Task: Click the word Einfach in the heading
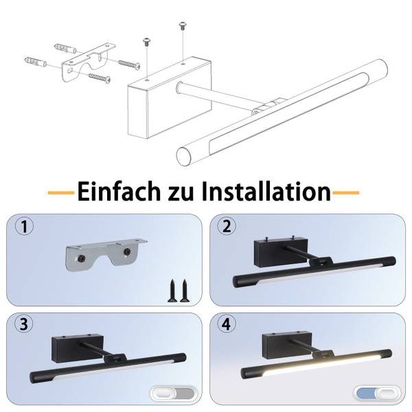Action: [x=119, y=192]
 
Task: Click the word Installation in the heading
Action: [x=266, y=192]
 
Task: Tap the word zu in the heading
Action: [x=181, y=194]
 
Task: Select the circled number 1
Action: [x=24, y=227]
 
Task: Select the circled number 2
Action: [x=227, y=226]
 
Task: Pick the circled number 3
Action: [x=23, y=323]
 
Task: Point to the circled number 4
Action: [x=227, y=323]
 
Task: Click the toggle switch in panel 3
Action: [x=174, y=394]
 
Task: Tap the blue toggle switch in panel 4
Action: [x=378, y=394]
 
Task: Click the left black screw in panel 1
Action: [x=172, y=290]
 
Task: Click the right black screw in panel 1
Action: [x=185, y=290]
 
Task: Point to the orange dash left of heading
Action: [x=61, y=193]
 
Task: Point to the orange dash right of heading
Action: [x=346, y=193]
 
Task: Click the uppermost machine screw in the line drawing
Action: [x=183, y=26]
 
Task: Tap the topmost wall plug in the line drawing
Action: [x=65, y=49]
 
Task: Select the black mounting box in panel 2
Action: [x=281, y=252]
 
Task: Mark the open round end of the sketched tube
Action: [x=184, y=156]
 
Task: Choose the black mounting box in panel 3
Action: [x=78, y=349]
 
